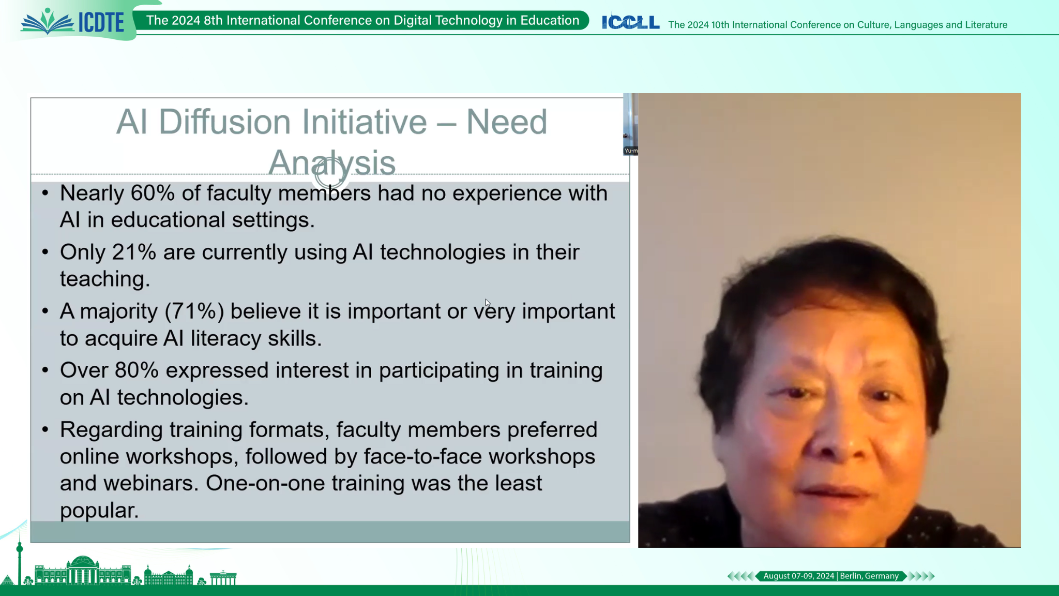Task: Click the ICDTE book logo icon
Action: [48, 22]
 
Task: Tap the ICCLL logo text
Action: [631, 22]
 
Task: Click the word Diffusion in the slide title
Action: [224, 122]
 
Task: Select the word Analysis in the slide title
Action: [332, 162]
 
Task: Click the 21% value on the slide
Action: [134, 252]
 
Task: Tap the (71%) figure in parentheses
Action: [194, 311]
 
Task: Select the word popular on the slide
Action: [99, 511]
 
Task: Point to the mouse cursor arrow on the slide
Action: [488, 303]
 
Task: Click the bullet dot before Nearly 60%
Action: [46, 193]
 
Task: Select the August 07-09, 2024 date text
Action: [799, 576]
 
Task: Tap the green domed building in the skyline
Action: [83, 570]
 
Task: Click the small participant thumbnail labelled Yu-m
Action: [630, 124]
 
